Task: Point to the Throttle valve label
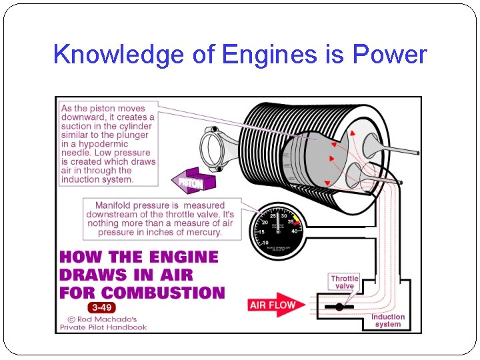[345, 282]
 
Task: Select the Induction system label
[388, 321]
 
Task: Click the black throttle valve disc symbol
[339, 307]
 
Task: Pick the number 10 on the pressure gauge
[265, 243]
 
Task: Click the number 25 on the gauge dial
[273, 216]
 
